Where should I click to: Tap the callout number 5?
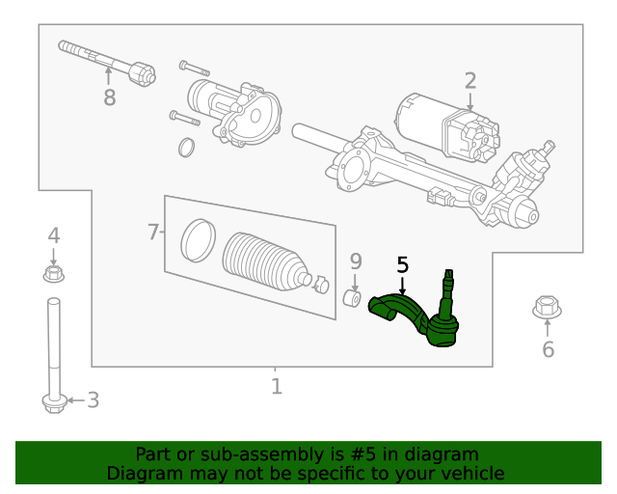click(402, 264)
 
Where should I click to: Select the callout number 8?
click(109, 97)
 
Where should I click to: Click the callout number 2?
click(470, 80)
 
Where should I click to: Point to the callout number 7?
click(153, 232)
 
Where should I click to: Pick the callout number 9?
click(355, 261)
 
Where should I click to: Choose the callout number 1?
click(277, 387)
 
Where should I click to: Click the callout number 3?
click(93, 399)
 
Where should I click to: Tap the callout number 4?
click(54, 234)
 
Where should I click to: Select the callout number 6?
click(548, 349)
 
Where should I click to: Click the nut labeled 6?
click(548, 309)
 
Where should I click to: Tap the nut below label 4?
click(54, 275)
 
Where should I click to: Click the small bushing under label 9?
click(353, 298)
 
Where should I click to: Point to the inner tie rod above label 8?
click(106, 60)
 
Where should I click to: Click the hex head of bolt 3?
click(54, 401)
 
